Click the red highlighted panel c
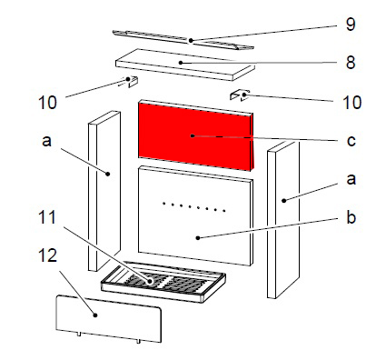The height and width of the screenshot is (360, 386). click(195, 135)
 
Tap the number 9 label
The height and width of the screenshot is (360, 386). click(351, 25)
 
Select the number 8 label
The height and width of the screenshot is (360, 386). click(351, 63)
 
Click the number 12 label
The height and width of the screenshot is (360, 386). click(48, 256)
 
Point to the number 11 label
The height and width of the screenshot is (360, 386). click(47, 217)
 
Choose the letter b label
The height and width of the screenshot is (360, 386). click(351, 217)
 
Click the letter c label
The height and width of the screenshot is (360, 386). click(351, 141)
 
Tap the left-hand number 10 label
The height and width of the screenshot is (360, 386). click(47, 103)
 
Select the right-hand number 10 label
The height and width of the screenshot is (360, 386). click(352, 103)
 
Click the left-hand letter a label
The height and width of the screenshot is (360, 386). click(46, 141)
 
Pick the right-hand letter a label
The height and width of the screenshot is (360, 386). click(351, 179)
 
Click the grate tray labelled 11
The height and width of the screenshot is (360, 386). click(163, 282)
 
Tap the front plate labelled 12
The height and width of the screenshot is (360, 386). click(108, 319)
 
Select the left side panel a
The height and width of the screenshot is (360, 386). click(104, 191)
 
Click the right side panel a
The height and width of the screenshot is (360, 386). click(283, 220)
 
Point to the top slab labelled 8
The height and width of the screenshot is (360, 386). click(185, 65)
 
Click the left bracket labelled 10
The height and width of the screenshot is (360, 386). click(130, 81)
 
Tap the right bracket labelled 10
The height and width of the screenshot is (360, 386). click(240, 95)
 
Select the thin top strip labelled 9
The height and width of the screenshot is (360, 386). click(183, 40)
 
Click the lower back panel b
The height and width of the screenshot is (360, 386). click(195, 215)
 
